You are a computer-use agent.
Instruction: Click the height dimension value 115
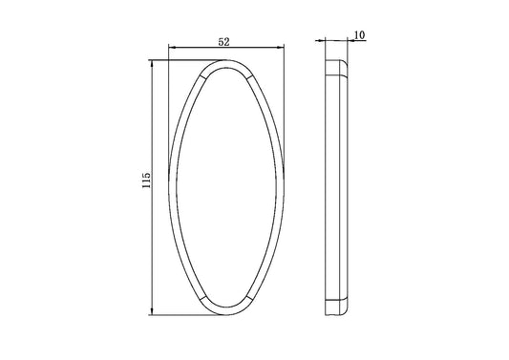pyautogui.click(x=142, y=185)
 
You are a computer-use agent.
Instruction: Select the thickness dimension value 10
pyautogui.click(x=359, y=35)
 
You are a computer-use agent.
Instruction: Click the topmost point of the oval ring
pyautogui.click(x=225, y=60)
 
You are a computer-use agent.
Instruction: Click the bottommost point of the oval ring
pyautogui.click(x=225, y=313)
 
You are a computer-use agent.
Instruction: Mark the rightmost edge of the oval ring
pyautogui.click(x=283, y=186)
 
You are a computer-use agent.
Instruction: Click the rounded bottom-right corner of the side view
pyautogui.click(x=348, y=308)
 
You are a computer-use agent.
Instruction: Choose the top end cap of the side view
pyautogui.click(x=336, y=67)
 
